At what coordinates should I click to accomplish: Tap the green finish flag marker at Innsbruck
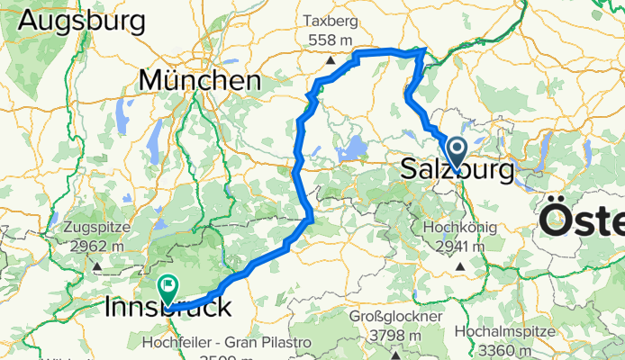click(x=168, y=288)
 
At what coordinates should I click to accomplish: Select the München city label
click(x=200, y=81)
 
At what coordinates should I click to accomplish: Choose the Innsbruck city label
click(x=168, y=308)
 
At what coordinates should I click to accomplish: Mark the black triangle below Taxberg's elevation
click(x=331, y=60)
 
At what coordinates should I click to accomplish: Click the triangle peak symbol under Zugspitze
click(x=95, y=266)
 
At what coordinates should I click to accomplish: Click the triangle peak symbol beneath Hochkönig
click(x=460, y=266)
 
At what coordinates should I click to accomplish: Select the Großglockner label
click(x=396, y=318)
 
